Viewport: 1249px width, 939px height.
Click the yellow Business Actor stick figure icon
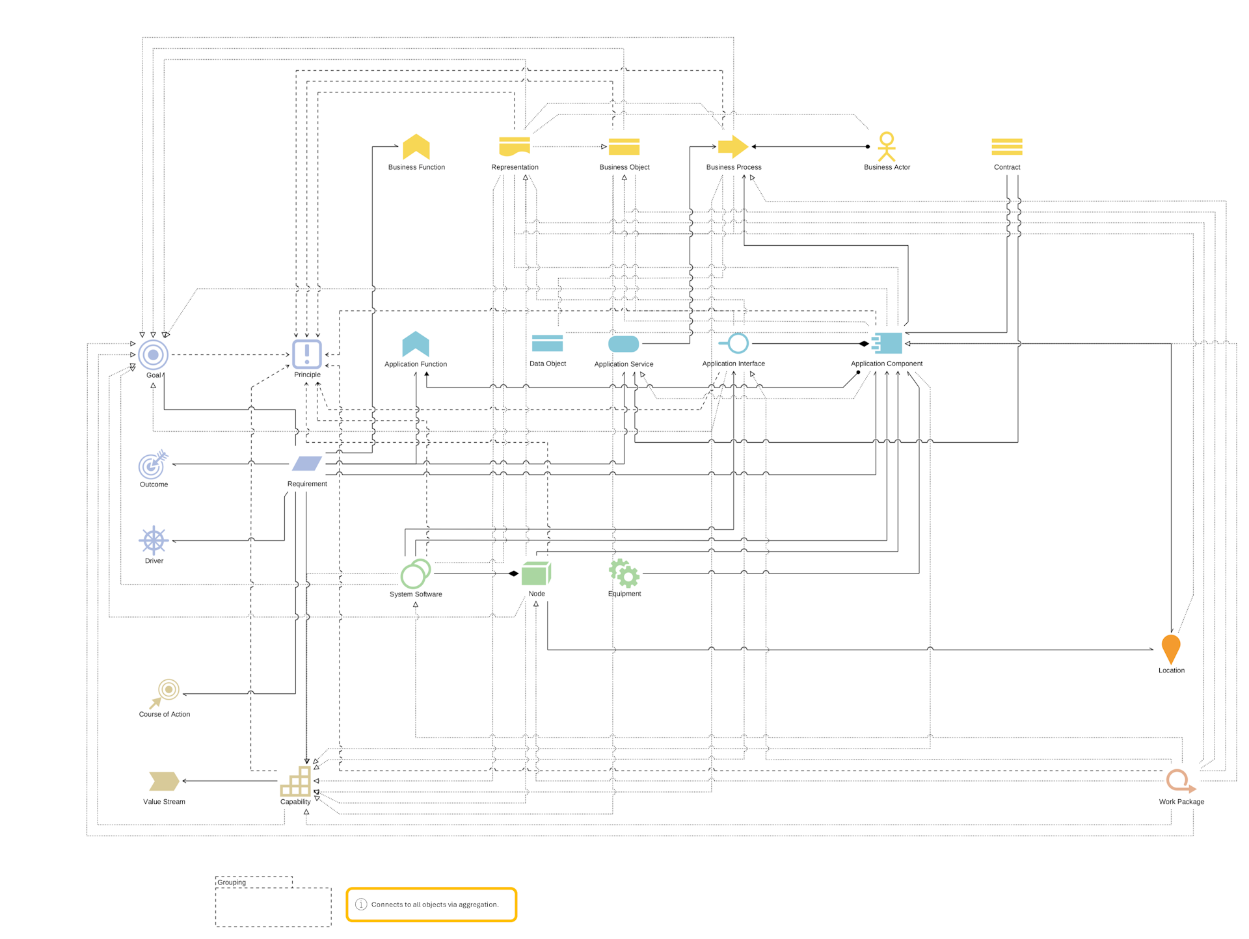coord(886,146)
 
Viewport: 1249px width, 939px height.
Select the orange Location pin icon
coord(1170,648)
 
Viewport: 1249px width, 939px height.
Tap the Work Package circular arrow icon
coord(1179,780)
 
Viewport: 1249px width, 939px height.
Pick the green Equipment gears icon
coord(624,573)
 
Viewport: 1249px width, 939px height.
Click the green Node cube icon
coord(536,574)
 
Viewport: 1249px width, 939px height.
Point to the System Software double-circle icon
coord(415,574)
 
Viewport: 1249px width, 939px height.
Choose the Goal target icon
coord(153,354)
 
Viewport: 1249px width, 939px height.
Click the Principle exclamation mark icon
coord(306,354)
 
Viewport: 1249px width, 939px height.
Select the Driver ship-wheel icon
coord(154,540)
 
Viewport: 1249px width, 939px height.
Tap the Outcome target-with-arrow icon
coord(153,464)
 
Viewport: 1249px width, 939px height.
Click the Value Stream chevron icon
coord(163,780)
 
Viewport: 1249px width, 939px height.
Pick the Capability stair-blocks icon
coord(295,781)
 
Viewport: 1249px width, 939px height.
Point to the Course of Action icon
coord(165,693)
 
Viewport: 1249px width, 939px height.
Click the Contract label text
coord(1006,167)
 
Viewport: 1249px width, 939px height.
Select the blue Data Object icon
coord(547,343)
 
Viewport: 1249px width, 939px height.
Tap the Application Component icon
coord(887,343)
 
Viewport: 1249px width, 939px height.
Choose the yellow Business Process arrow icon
coord(732,146)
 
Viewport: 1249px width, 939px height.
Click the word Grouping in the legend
coord(232,882)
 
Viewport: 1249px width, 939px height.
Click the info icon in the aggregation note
coord(361,904)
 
